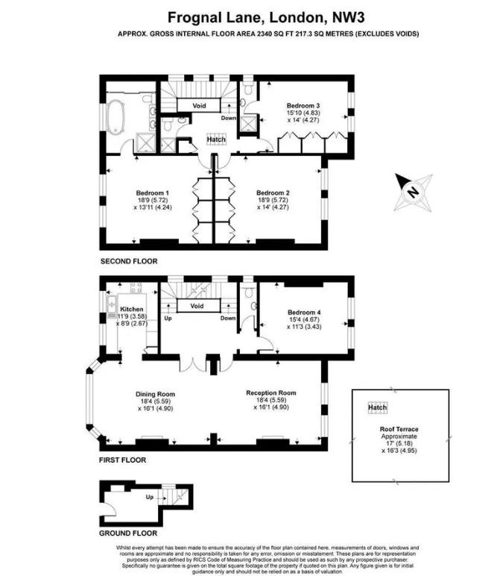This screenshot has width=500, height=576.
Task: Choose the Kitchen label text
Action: tap(131, 309)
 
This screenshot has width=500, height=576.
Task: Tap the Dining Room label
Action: tap(155, 394)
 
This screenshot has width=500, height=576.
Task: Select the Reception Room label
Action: tap(271, 392)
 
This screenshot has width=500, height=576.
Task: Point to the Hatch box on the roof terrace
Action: tap(377, 408)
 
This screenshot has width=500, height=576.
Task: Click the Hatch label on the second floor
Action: tap(216, 140)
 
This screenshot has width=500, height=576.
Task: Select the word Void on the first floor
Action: tap(197, 306)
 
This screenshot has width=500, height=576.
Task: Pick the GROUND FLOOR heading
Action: tap(128, 533)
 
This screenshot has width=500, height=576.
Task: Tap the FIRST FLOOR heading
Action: tap(123, 460)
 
